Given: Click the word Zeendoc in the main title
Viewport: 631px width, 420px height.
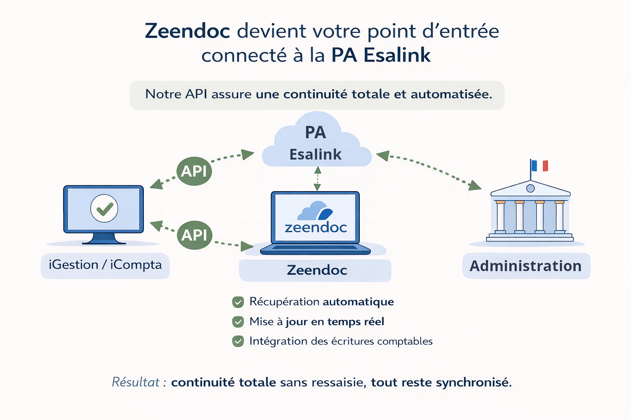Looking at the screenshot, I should (187, 31).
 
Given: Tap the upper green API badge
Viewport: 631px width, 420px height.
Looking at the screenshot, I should (194, 171).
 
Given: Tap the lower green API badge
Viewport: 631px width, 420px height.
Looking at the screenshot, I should (194, 235).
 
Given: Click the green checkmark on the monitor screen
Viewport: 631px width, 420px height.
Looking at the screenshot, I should (104, 208).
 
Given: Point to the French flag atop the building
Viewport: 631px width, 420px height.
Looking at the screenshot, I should (539, 166).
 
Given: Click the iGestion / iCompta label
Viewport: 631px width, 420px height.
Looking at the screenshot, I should (105, 265).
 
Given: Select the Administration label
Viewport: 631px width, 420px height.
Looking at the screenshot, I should (526, 266).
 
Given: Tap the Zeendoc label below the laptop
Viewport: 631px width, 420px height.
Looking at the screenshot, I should (317, 270).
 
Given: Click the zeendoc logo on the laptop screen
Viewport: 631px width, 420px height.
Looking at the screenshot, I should (315, 217).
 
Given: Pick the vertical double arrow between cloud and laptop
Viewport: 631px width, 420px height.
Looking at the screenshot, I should (317, 178).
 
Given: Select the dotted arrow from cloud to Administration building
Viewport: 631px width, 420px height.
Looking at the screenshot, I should (429, 168).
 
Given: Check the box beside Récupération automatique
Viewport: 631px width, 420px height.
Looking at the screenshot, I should (238, 302).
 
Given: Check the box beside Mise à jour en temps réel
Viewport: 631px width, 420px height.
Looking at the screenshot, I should (238, 322).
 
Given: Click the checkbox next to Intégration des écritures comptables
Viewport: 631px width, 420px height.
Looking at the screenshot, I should (238, 341).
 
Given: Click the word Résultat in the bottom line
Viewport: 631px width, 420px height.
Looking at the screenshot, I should (136, 382).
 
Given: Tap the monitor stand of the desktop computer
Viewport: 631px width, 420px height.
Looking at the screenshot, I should (104, 238).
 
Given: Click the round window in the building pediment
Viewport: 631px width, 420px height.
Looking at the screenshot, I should (530, 188).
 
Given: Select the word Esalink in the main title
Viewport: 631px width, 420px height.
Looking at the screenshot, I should (397, 55).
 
